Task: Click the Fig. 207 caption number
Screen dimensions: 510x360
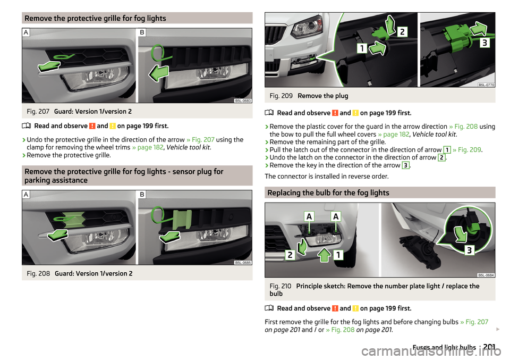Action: [x=38, y=112]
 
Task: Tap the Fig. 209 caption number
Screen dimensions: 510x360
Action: [x=281, y=96]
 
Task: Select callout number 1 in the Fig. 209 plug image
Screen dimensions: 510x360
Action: [x=362, y=48]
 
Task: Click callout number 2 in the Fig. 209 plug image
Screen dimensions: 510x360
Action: [x=402, y=31]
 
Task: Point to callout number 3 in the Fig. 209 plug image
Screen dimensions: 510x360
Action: [x=484, y=43]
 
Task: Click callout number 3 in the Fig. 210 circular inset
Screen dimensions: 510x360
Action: [x=469, y=250]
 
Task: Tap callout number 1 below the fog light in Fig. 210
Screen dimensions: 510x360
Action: [x=338, y=255]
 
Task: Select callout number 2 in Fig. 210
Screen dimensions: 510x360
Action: [x=290, y=255]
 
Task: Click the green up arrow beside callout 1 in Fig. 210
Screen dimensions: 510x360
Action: [x=324, y=255]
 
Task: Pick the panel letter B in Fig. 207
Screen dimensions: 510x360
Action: [x=142, y=32]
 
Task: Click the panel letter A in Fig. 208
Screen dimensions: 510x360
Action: [x=26, y=194]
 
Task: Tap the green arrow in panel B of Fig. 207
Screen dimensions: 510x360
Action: [x=159, y=73]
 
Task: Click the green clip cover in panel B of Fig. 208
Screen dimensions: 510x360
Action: [x=182, y=220]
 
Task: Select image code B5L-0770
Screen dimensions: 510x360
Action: [x=486, y=85]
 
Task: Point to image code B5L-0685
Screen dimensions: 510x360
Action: [x=243, y=263]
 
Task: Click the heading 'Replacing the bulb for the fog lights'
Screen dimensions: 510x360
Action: [x=328, y=192]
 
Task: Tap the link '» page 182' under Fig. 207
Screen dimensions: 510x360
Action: [x=148, y=147]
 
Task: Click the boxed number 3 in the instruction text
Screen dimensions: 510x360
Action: [x=405, y=165]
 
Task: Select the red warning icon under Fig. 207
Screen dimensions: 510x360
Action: [x=92, y=126]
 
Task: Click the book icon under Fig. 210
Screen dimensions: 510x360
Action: [x=269, y=308]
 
